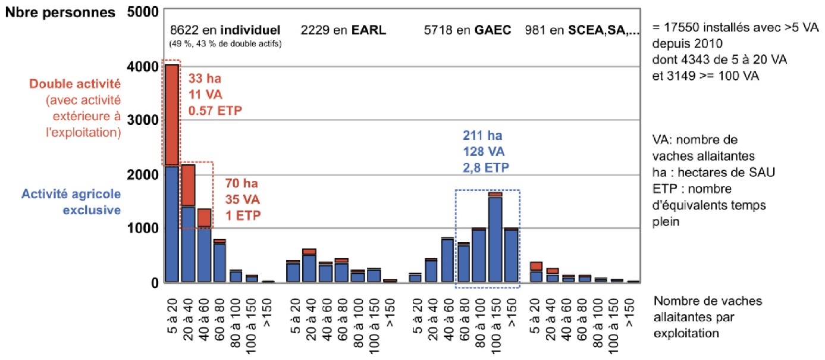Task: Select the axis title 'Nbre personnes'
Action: pos(62,12)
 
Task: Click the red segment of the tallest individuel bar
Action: pos(172,113)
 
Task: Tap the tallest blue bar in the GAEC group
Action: pos(495,238)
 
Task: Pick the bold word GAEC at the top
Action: pos(493,30)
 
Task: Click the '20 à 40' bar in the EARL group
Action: pos(309,265)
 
